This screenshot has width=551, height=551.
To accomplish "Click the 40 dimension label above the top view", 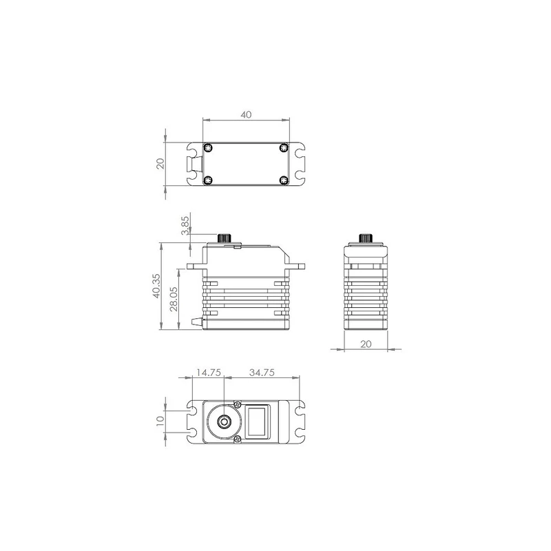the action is tap(246, 114).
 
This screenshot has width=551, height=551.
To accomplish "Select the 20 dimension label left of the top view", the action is tap(160, 164).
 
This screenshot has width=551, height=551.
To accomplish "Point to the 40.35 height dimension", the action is tap(156, 286).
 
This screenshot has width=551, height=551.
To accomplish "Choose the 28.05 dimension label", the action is tap(174, 299).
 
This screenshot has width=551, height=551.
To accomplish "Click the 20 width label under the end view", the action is tap(366, 344).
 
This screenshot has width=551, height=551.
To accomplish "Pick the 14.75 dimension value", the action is tap(209, 373).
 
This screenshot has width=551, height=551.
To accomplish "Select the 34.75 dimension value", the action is tap(262, 373).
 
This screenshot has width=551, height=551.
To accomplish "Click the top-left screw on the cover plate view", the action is tap(209, 147).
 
